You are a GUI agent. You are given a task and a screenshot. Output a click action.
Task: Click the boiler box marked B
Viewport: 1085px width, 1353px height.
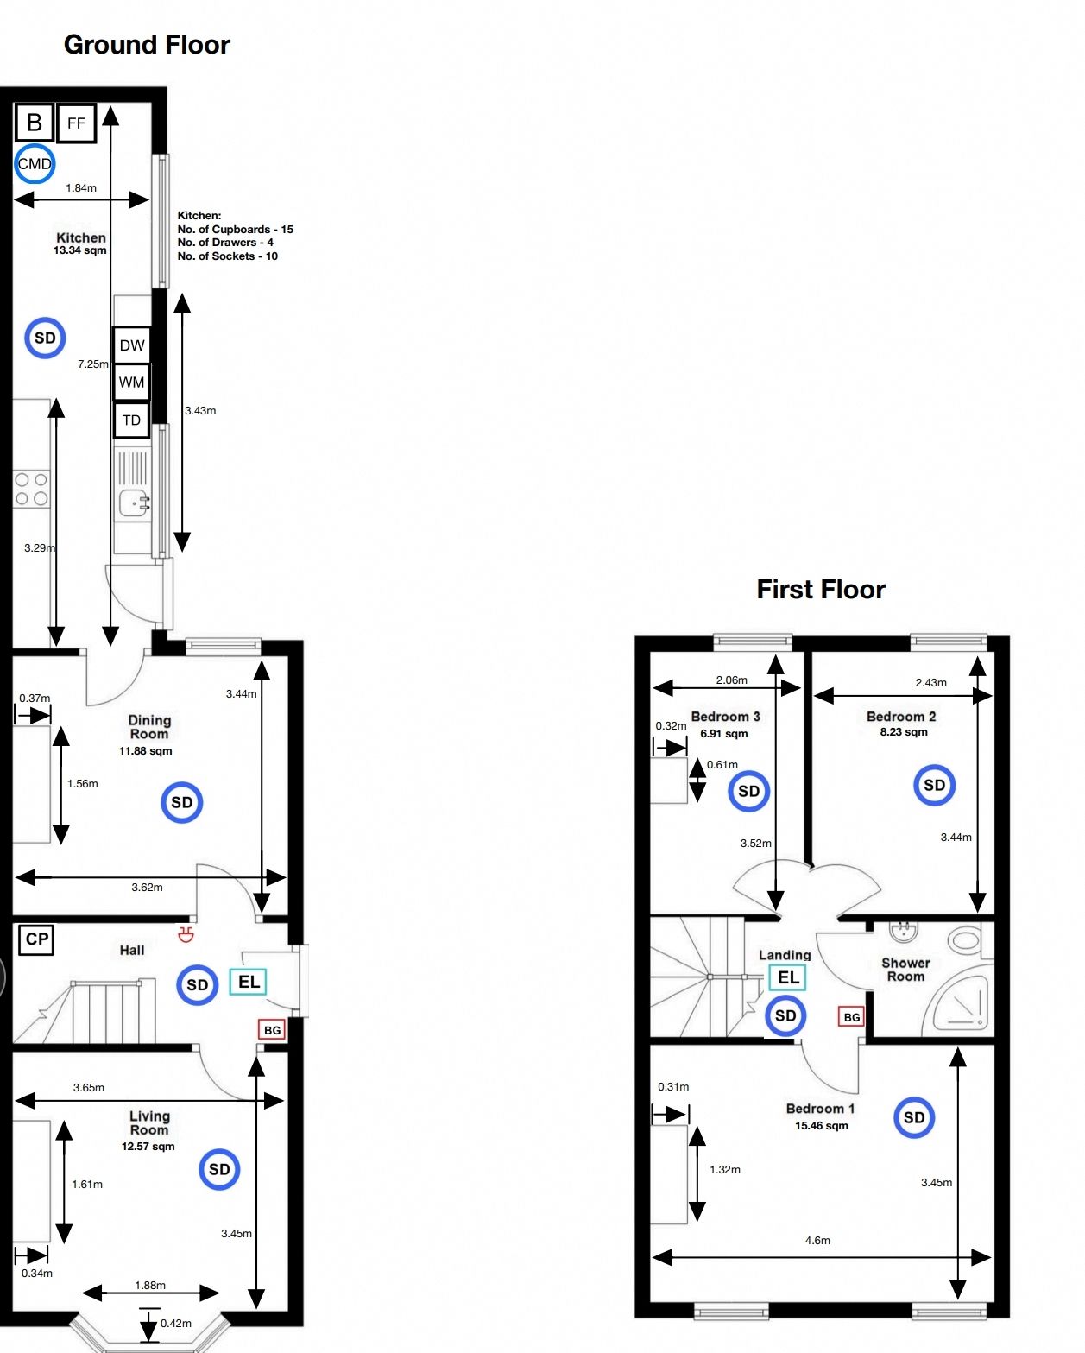click(34, 122)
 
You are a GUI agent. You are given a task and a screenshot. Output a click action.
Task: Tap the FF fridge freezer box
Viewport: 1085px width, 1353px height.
click(76, 123)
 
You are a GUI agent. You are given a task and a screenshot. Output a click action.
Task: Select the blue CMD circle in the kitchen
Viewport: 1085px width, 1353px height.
click(35, 164)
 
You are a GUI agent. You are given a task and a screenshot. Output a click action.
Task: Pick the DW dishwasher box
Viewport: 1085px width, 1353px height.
click(132, 345)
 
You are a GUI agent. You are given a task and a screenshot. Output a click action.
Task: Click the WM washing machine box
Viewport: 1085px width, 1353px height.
click(131, 382)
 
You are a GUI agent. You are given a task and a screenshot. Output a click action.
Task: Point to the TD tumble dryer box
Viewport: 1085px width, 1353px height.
click(131, 420)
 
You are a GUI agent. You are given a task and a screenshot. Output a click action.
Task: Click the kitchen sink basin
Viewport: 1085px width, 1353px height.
click(135, 503)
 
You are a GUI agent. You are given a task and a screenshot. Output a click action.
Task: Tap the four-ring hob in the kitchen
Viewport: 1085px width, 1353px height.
click(31, 490)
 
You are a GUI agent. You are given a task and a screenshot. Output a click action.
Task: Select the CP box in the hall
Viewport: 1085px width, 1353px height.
click(36, 939)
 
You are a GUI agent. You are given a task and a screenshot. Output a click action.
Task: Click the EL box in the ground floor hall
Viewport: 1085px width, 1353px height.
click(249, 982)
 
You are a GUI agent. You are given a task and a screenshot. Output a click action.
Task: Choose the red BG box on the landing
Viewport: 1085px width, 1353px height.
click(851, 1016)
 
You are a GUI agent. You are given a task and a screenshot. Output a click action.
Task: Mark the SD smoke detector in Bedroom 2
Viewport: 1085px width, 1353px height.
click(934, 785)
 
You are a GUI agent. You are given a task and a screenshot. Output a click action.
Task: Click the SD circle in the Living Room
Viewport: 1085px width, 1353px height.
click(219, 1169)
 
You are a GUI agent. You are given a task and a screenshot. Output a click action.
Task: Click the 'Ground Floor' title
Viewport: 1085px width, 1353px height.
click(147, 45)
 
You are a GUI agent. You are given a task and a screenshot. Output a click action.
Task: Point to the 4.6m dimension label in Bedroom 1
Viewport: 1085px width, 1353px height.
click(817, 1240)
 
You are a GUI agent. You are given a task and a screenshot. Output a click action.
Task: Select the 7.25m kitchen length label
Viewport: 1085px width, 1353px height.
click(92, 364)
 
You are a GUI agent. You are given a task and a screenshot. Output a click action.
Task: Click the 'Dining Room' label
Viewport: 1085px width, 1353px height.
click(149, 727)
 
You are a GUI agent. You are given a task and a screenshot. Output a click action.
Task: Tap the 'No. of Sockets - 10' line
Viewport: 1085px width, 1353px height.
click(228, 256)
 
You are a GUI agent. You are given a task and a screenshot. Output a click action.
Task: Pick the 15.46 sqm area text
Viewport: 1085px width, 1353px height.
click(821, 1125)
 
